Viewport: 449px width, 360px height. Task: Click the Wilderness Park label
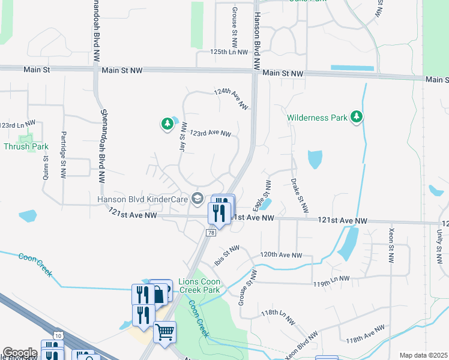tap(317, 118)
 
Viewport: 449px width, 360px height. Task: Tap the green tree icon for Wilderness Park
tap(357, 117)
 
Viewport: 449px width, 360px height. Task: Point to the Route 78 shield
tap(211, 233)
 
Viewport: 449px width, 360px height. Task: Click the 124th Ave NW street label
tap(231, 99)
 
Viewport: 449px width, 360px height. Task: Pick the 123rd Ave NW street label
tap(211, 133)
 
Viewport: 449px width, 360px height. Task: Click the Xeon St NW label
tap(391, 247)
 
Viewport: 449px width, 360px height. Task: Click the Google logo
tap(19, 353)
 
